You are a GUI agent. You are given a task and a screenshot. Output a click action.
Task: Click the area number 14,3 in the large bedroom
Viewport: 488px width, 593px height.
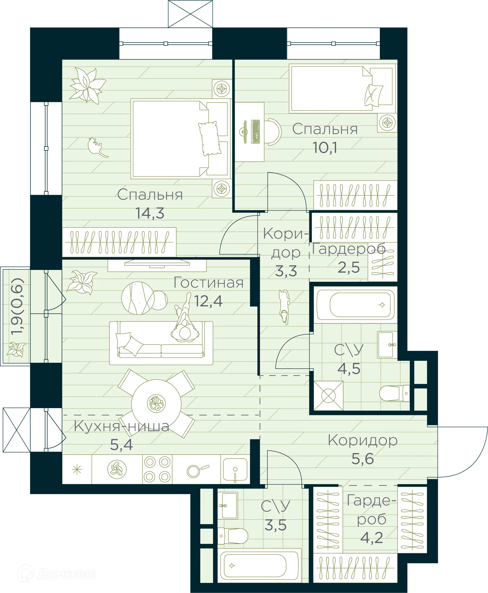pos(150,213)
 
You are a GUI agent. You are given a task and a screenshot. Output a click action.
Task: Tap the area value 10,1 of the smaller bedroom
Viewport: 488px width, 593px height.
pos(325,147)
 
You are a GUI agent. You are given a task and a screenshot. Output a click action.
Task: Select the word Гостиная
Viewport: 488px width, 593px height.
pos(208,283)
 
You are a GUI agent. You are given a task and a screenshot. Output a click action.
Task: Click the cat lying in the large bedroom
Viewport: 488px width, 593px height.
pos(97,147)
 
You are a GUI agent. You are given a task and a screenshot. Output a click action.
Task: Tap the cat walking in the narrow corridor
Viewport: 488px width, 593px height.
pos(284,306)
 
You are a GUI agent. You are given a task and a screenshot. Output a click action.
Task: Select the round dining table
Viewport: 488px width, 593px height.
pos(156,403)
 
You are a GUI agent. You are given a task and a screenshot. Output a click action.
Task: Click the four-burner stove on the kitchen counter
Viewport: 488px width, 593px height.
pos(157,469)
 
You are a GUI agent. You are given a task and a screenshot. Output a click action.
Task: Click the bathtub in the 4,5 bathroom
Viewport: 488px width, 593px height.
pos(355,305)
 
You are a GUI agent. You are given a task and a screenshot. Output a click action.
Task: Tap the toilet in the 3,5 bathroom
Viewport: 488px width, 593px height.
pos(233,536)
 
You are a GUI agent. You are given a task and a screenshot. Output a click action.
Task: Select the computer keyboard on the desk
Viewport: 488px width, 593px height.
pos(255,132)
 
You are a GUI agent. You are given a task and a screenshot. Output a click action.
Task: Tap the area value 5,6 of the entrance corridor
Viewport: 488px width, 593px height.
pos(362,459)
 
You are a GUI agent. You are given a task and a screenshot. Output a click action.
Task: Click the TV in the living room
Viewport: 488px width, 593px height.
pos(157,263)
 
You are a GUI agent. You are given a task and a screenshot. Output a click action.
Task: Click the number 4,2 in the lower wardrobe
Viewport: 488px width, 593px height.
pos(371,538)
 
